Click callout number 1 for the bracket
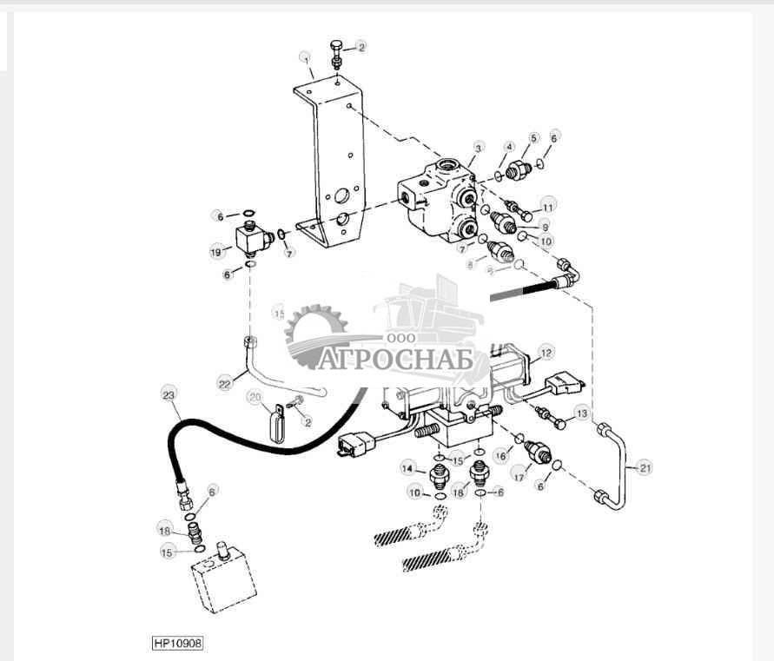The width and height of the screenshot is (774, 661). (306, 58)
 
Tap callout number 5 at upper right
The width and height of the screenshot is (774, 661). (533, 137)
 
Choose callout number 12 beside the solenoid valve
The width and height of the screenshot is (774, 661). (545, 353)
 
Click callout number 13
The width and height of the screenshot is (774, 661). (581, 413)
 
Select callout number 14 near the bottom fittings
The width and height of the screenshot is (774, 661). (408, 469)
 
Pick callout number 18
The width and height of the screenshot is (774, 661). (460, 492)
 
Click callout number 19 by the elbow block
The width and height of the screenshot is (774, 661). (216, 252)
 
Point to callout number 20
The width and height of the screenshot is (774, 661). (255, 398)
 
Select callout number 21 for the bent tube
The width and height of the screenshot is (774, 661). (644, 468)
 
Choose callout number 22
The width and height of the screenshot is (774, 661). (224, 383)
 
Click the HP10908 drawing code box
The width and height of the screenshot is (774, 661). (179, 644)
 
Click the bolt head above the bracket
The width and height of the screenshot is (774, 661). (337, 46)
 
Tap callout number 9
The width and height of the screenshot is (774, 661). (545, 227)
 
